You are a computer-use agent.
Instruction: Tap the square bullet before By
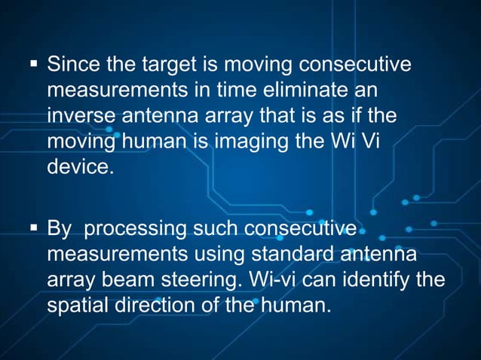click(x=33, y=228)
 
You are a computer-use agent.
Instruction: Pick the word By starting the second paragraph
click(x=60, y=227)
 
